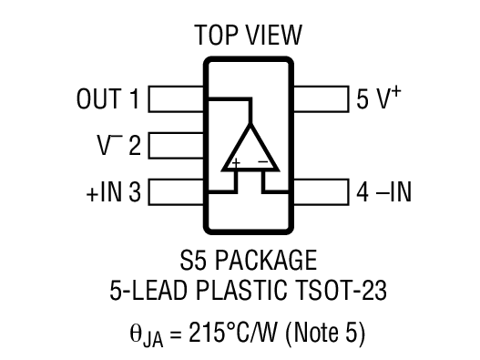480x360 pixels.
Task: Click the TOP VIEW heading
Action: point(248,36)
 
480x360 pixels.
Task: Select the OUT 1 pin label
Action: point(108,98)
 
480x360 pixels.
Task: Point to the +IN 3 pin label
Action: point(110,191)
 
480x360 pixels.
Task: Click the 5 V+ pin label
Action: point(379,98)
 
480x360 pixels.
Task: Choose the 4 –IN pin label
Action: point(382,191)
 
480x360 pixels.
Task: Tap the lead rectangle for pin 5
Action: point(321,98)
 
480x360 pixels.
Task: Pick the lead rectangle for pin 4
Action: point(321,191)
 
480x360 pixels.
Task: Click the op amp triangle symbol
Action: point(249,148)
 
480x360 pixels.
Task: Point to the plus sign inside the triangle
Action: point(235,164)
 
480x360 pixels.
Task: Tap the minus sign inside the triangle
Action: point(262,164)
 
